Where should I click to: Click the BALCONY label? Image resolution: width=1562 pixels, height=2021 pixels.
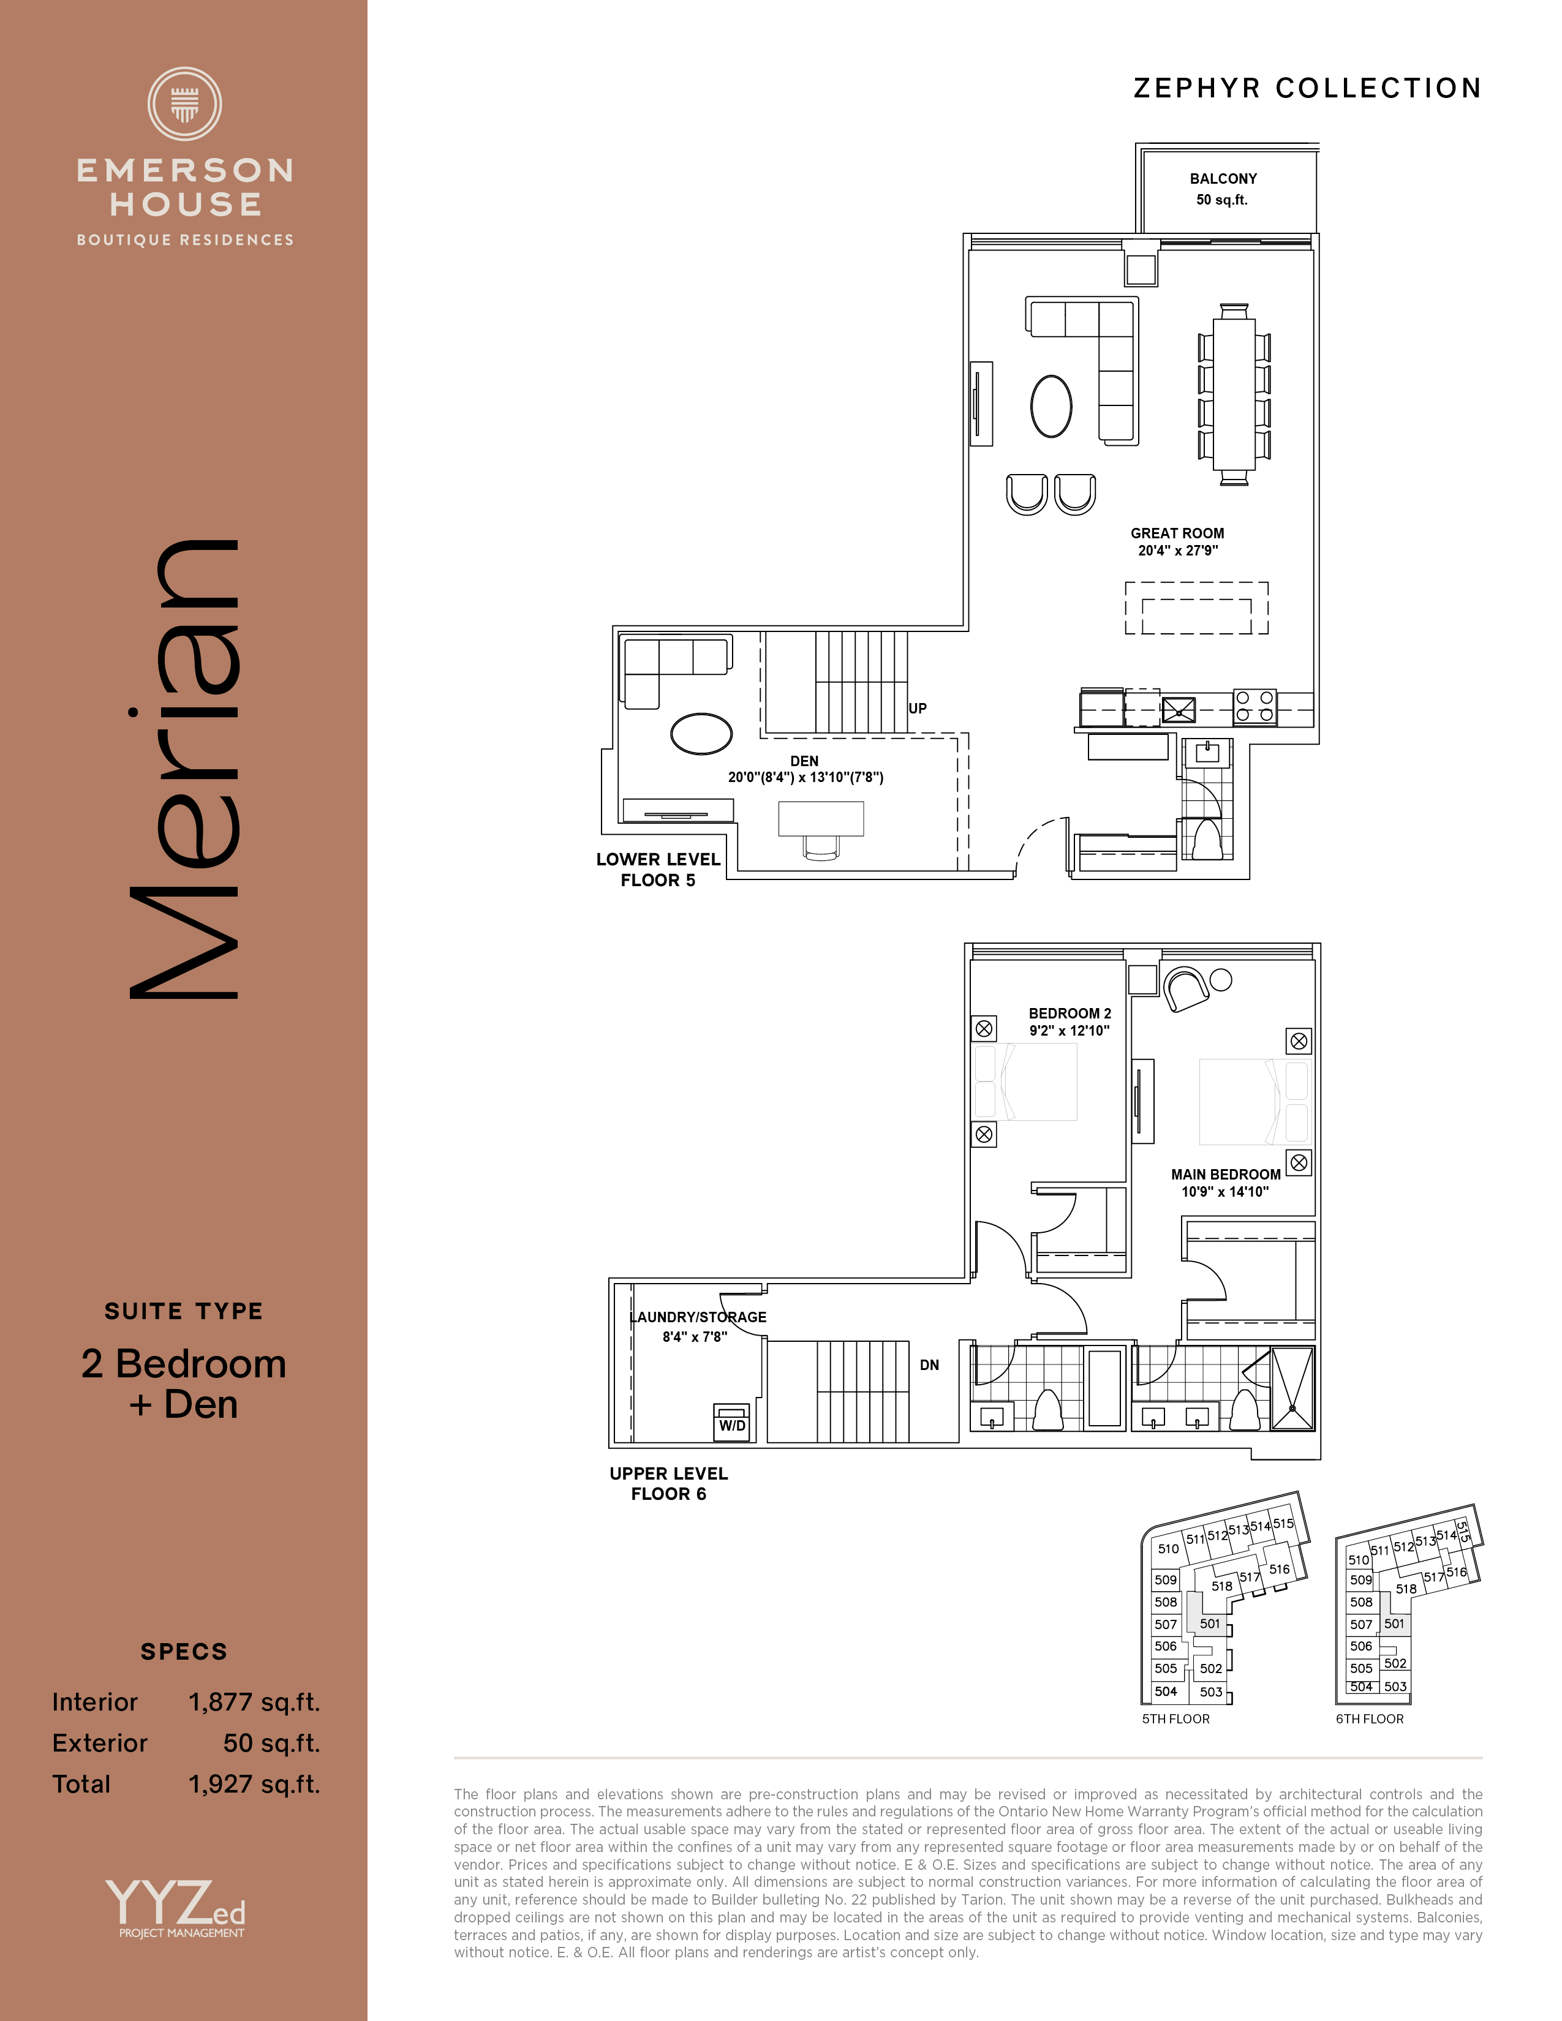tap(1223, 179)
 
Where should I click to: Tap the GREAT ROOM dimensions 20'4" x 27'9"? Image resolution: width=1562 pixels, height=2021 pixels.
tap(1177, 551)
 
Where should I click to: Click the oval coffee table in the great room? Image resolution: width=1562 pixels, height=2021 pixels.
tap(1051, 405)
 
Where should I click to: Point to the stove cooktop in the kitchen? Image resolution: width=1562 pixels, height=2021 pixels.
tap(1255, 707)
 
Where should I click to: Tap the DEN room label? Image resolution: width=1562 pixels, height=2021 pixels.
tap(804, 761)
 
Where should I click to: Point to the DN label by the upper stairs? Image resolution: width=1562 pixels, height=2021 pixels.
tap(929, 1365)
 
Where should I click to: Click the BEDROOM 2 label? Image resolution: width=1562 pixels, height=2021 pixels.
tap(1070, 1014)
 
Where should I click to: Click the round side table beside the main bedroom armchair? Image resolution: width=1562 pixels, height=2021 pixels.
tap(1221, 980)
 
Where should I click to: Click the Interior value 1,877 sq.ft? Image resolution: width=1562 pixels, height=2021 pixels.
tap(254, 1703)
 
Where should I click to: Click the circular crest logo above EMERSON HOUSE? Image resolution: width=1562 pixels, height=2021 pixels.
tap(185, 103)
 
